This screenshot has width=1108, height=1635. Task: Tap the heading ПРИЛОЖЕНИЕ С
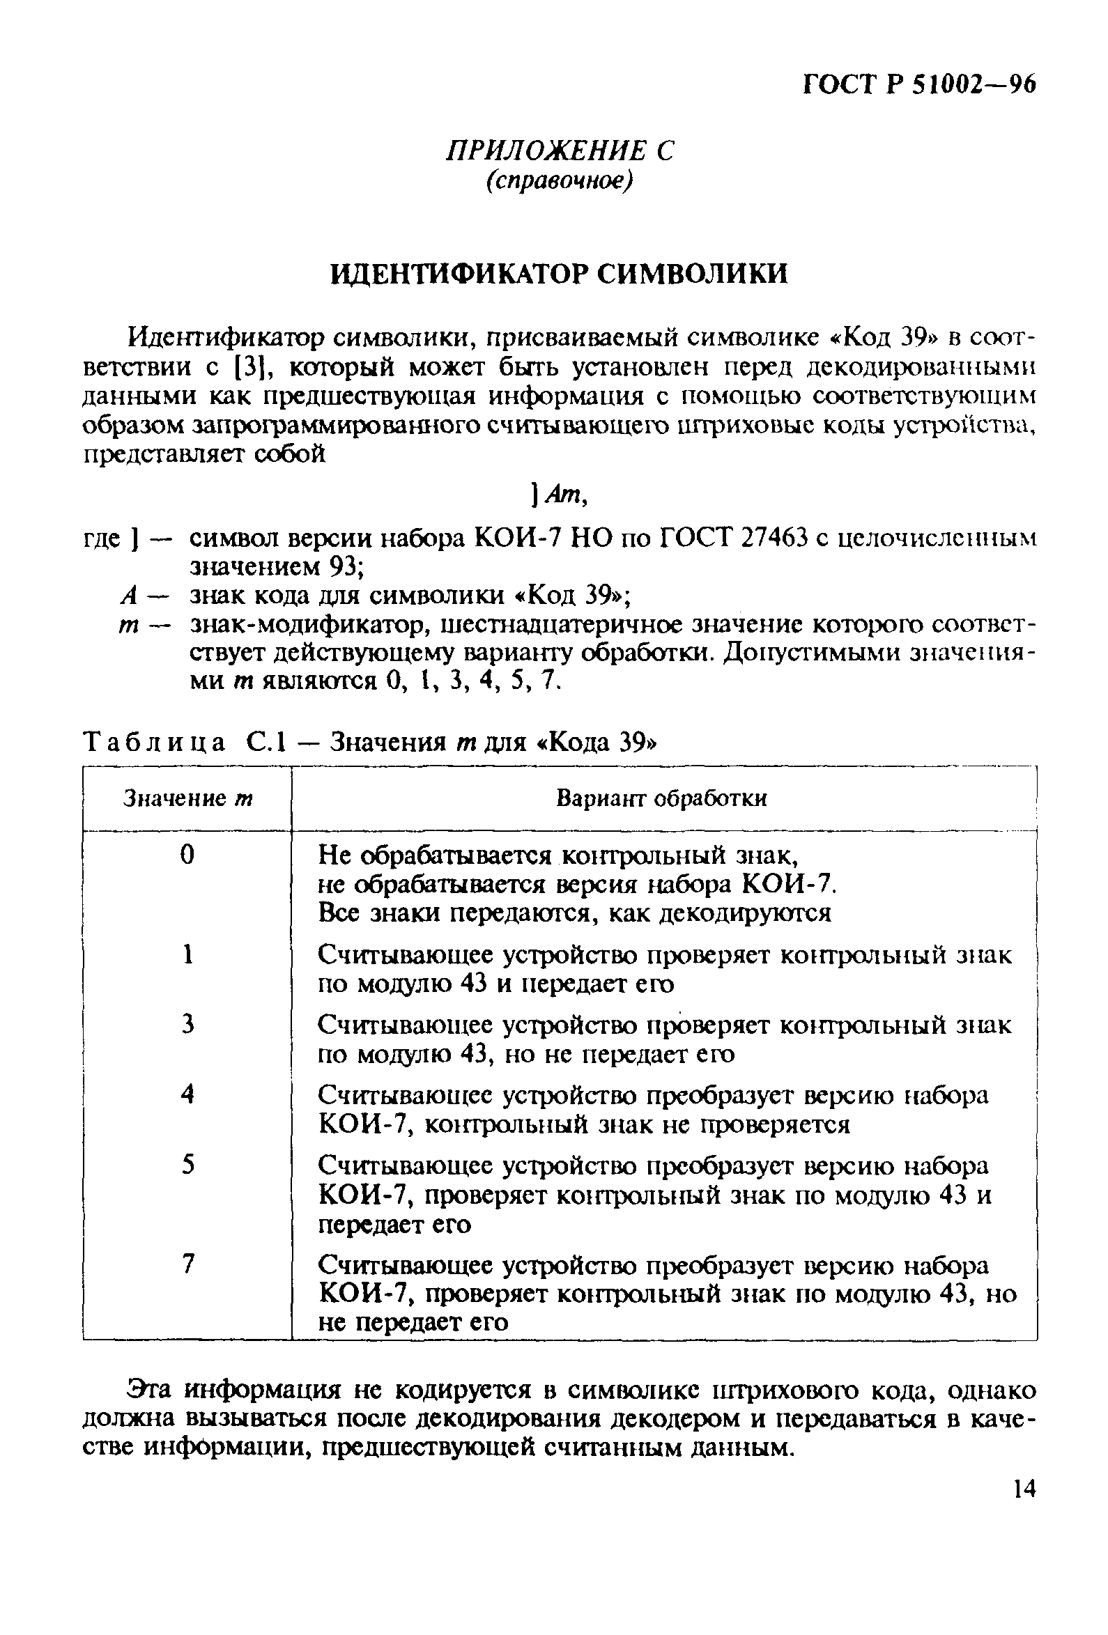point(560,151)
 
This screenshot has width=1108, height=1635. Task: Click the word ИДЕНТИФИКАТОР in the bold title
point(459,274)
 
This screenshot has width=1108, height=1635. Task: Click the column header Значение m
point(187,798)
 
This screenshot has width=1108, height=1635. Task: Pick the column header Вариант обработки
point(661,798)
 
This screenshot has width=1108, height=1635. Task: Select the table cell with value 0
point(187,855)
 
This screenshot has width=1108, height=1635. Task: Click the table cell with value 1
point(187,954)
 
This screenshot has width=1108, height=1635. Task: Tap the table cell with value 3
point(187,1024)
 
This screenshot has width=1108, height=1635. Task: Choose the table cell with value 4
point(187,1094)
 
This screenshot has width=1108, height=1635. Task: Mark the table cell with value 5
point(187,1165)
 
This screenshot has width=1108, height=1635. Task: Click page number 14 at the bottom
point(1023,1510)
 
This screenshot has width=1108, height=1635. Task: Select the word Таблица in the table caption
point(154,743)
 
